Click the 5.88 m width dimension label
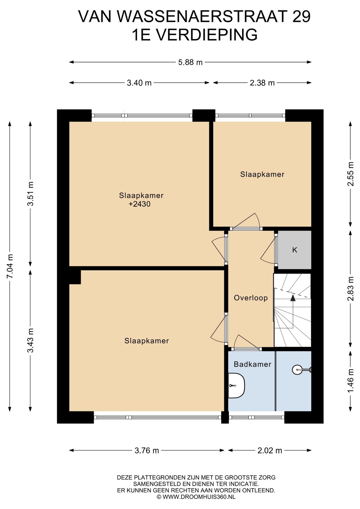pyautogui.click(x=190, y=62)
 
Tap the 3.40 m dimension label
pyautogui.click(x=139, y=83)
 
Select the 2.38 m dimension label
pyautogui.click(x=262, y=83)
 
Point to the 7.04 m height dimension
pyautogui.click(x=10, y=266)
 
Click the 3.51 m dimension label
pyautogui.click(x=30, y=194)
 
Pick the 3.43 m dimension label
pyautogui.click(x=30, y=340)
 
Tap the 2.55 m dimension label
pyautogui.click(x=350, y=174)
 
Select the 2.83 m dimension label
pyautogui.click(x=350, y=289)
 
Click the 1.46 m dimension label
pyautogui.click(x=350, y=381)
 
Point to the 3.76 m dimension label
pyautogui.click(x=147, y=450)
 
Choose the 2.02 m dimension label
pyautogui.click(x=270, y=450)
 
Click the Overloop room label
pyautogui.click(x=251, y=298)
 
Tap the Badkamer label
pyautogui.click(x=252, y=364)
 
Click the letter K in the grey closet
pyautogui.click(x=295, y=250)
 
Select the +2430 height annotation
pyautogui.click(x=139, y=204)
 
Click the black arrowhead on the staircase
pyautogui.click(x=293, y=298)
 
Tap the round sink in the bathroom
pyautogui.click(x=297, y=370)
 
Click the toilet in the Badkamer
pyautogui.click(x=236, y=385)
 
